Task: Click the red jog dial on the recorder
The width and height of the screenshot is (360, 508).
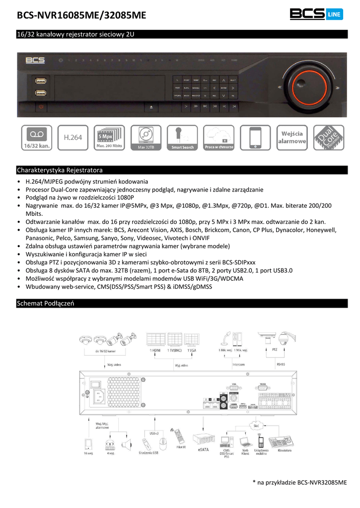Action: (304, 86)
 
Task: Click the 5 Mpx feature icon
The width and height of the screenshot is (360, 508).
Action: (109, 137)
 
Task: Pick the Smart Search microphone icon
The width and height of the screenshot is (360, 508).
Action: (182, 137)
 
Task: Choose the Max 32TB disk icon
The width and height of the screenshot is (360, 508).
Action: (146, 137)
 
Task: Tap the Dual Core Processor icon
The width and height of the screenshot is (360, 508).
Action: (328, 137)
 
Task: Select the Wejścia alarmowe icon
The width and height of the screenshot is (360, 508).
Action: (292, 137)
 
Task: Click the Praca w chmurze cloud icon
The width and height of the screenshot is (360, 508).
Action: (218, 137)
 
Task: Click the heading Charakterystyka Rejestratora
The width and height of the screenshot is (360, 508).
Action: (60, 169)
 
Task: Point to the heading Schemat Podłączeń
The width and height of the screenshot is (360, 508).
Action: (46, 303)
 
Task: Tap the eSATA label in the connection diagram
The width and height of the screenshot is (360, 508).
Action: (203, 450)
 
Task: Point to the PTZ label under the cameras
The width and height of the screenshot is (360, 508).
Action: (275, 350)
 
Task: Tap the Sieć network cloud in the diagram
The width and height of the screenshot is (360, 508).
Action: (256, 426)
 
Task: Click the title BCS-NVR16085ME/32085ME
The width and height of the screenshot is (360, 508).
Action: (82, 16)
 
